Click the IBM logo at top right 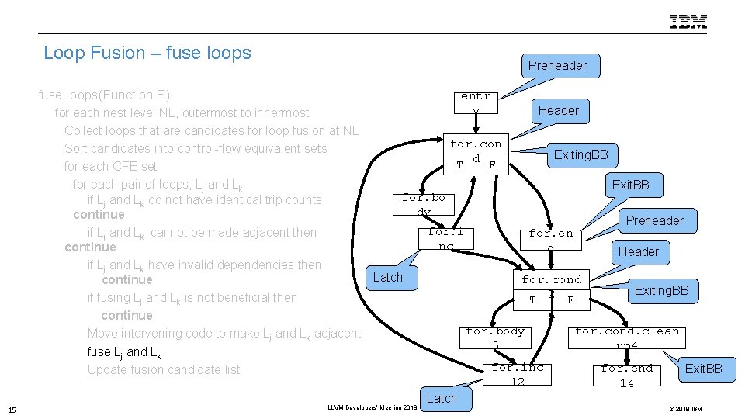tap(688, 22)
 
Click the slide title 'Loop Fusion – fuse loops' tap(147, 53)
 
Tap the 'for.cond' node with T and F tap(476, 154)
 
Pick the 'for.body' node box tap(424, 205)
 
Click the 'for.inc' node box tap(446, 238)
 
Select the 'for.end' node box tap(551, 239)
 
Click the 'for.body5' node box tap(495, 338)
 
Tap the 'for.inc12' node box tap(518, 375)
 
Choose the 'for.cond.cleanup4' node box tap(627, 338)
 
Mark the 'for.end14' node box tap(627, 375)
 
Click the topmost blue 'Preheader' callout tap(557, 65)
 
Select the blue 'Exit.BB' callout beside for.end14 tap(703, 369)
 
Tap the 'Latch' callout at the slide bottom tap(442, 398)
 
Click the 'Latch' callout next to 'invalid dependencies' tap(387, 277)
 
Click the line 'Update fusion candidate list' tap(164, 369)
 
